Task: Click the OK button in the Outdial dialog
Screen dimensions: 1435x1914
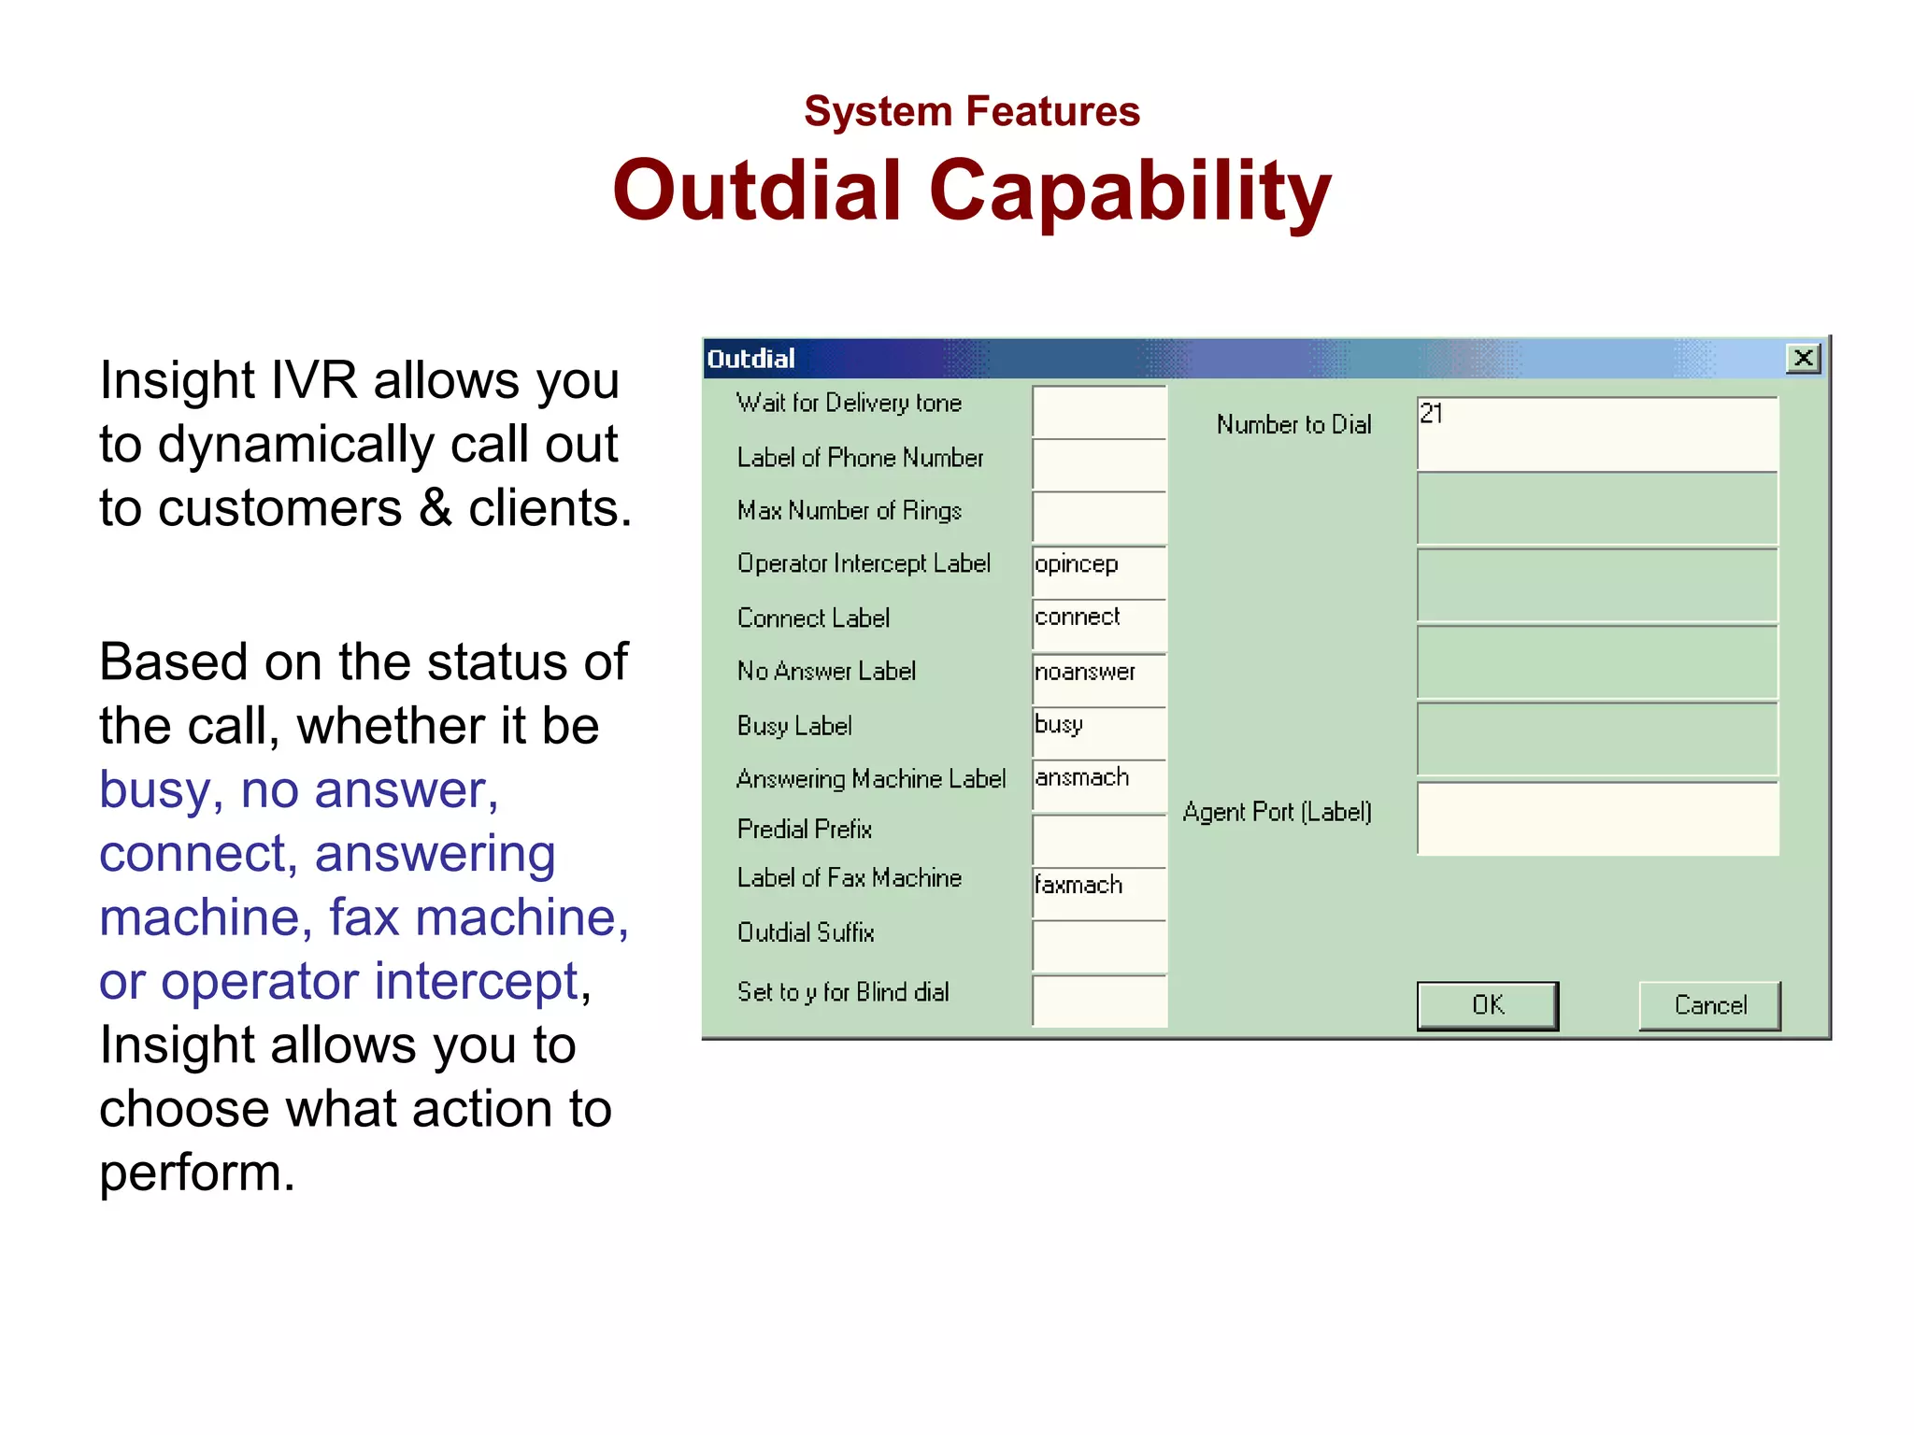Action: point(1487,1005)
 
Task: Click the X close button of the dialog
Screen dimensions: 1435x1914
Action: point(1803,358)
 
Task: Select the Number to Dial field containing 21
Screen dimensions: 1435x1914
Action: point(1597,433)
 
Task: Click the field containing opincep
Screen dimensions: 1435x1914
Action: point(1099,571)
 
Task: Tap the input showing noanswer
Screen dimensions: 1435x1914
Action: point(1099,678)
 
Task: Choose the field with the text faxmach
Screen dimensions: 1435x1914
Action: point(1099,891)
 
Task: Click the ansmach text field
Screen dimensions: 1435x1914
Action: point(1099,785)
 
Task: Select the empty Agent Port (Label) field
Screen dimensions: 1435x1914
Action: point(1597,818)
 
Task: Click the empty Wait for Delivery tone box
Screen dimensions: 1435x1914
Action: point(1099,411)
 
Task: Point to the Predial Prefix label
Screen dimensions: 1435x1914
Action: point(805,829)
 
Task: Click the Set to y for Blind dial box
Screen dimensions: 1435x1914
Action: point(1099,1000)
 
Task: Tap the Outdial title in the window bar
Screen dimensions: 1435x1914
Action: point(750,359)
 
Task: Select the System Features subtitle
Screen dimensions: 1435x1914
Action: point(972,111)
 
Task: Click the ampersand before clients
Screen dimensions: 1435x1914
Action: point(435,508)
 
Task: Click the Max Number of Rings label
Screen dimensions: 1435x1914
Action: point(849,511)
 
